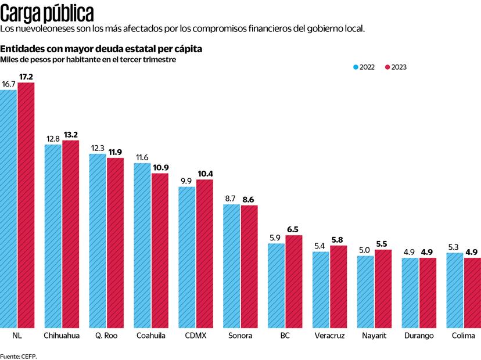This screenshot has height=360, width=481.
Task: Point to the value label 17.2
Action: (x=26, y=77)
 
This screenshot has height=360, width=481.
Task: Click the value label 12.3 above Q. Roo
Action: (x=98, y=148)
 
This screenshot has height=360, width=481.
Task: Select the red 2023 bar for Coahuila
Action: (x=160, y=250)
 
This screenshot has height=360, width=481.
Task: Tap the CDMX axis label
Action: (x=195, y=336)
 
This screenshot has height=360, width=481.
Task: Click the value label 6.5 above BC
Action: (x=294, y=229)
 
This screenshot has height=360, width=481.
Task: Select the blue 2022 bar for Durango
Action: (x=410, y=293)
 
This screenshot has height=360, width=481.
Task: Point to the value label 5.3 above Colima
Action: (x=455, y=247)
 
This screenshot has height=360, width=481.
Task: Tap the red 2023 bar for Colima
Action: (x=472, y=293)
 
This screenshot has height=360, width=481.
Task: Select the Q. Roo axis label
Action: (x=106, y=336)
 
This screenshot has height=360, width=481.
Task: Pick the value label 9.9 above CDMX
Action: (x=186, y=181)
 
